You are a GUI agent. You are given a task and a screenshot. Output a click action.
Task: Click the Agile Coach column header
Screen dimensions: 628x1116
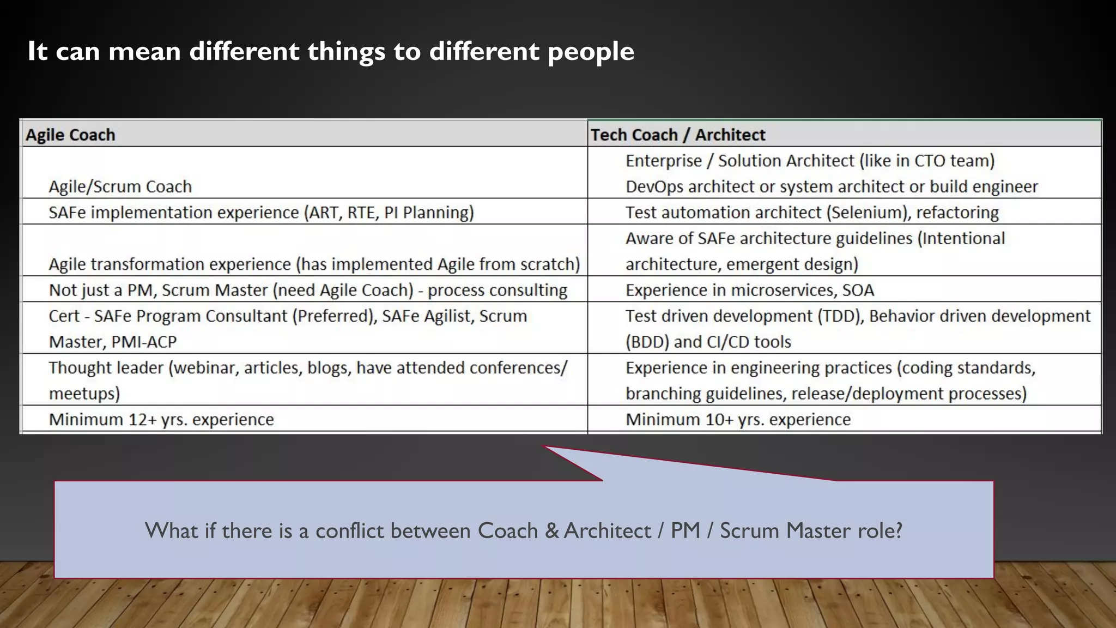[71, 135]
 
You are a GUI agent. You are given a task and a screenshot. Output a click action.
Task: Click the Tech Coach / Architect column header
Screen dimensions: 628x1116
[678, 135]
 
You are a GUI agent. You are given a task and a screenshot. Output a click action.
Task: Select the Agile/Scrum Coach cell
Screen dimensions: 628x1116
[120, 186]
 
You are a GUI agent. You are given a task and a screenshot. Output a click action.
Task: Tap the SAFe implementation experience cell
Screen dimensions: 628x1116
[261, 212]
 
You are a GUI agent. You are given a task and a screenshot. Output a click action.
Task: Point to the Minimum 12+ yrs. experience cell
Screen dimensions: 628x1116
[161, 419]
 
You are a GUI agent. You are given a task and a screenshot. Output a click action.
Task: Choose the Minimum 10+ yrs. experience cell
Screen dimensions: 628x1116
[738, 419]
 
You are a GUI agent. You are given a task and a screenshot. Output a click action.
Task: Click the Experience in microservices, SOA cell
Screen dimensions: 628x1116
[749, 290]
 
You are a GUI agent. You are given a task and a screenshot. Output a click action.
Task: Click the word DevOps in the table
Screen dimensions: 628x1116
[654, 186]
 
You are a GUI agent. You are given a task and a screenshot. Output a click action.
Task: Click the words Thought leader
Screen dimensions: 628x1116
[106, 368]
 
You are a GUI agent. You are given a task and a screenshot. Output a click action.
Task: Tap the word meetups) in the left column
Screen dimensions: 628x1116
[84, 394]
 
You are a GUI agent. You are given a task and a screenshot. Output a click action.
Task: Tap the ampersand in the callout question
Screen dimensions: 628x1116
[551, 531]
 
